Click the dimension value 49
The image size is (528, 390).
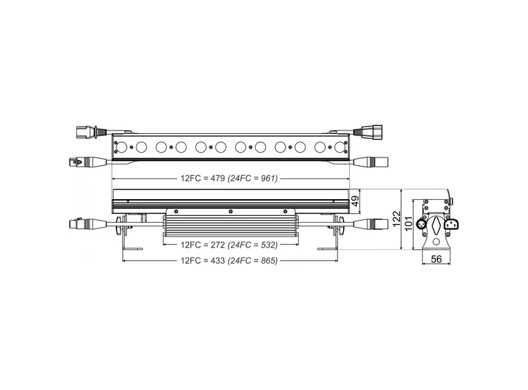355,202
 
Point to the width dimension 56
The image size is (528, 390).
437,259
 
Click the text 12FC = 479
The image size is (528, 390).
202,178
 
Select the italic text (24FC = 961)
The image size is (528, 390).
253,178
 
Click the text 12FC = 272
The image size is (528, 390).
202,245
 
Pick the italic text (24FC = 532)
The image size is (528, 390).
253,245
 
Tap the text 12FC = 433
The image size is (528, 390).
202,261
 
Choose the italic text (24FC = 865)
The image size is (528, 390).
253,261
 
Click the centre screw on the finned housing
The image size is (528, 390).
229,211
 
